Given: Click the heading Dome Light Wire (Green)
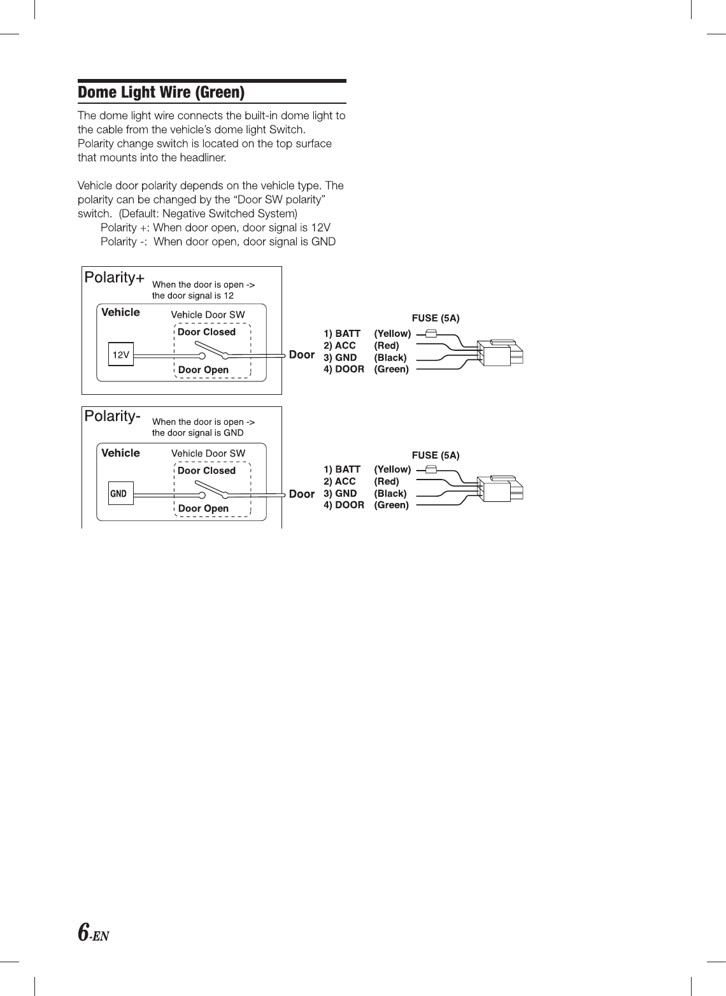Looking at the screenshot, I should click(161, 93).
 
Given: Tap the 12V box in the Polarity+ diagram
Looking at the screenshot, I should click(121, 355).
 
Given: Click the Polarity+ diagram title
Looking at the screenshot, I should click(115, 278).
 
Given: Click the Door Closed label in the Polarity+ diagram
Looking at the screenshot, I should click(206, 332).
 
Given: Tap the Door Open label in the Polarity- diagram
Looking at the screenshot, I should click(203, 508).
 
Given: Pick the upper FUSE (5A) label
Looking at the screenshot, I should click(436, 318).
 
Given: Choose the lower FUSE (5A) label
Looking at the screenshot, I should click(436, 455).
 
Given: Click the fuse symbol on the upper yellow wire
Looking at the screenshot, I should click(431, 333).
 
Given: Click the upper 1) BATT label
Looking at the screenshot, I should click(342, 334).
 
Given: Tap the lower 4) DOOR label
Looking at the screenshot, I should click(344, 505).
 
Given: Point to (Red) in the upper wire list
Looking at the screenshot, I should click(387, 346).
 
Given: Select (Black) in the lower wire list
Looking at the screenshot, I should click(390, 494).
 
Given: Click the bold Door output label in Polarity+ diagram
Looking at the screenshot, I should click(302, 355).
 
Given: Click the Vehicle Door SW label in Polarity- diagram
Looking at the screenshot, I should click(208, 453).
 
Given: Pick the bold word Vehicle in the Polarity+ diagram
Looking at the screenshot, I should click(120, 312).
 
